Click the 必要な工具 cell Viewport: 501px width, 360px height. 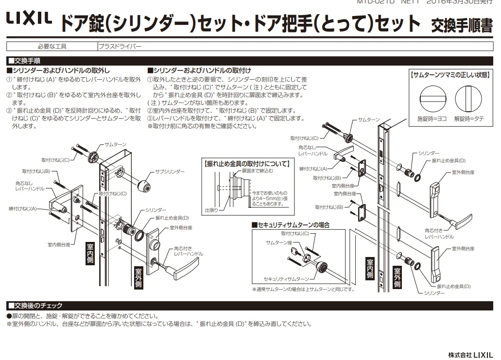(52, 47)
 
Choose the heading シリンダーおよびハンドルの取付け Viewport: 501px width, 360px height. (199, 71)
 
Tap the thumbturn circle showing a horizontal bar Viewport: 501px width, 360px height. (432, 98)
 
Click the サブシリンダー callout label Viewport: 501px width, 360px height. (170, 172)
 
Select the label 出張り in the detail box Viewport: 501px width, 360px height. (211, 210)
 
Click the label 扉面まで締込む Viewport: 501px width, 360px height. (258, 171)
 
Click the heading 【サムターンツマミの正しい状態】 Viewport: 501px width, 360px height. (449, 75)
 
